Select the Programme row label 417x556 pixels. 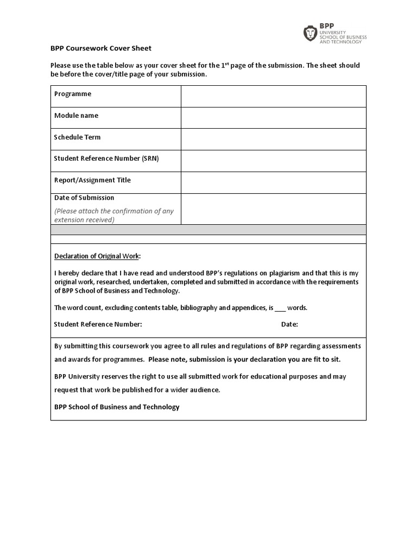[x=73, y=94]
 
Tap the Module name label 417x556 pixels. [x=76, y=116]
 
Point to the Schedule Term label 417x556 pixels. [x=77, y=137]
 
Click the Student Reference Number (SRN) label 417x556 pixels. [x=106, y=159]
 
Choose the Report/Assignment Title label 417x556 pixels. [x=92, y=180]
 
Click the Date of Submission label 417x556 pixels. [x=84, y=198]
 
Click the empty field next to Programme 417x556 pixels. [x=273, y=96]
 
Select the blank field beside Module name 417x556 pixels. [x=273, y=118]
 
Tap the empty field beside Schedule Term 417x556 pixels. [x=273, y=139]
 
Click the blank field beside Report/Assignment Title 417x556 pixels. [x=273, y=182]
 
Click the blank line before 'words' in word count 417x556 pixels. [x=280, y=308]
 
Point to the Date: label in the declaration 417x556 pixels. [x=289, y=325]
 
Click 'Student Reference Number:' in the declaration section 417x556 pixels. [x=98, y=325]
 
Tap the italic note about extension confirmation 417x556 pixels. [x=113, y=215]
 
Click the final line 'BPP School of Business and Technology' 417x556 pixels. [x=116, y=407]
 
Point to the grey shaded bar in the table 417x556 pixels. [x=208, y=230]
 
